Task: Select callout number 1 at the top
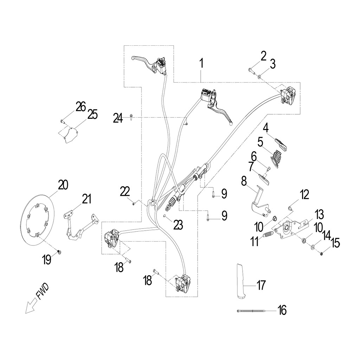tap(201, 64)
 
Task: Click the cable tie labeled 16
tap(251, 311)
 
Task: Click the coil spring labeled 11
tap(269, 233)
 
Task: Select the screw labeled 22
tap(134, 203)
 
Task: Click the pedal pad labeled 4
tap(281, 143)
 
